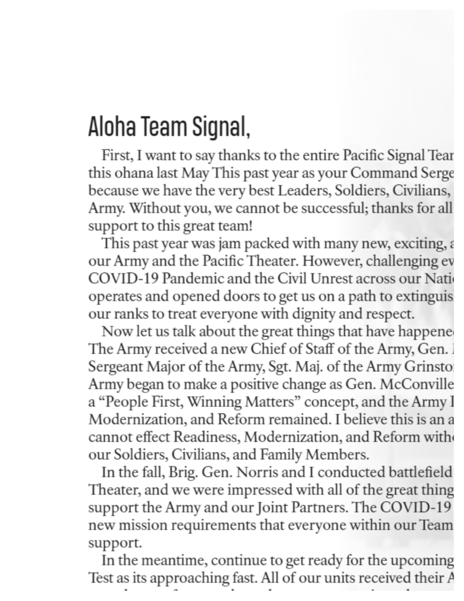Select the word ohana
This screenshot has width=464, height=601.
(x=134, y=174)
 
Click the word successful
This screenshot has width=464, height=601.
(x=335, y=209)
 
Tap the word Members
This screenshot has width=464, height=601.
(x=337, y=455)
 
